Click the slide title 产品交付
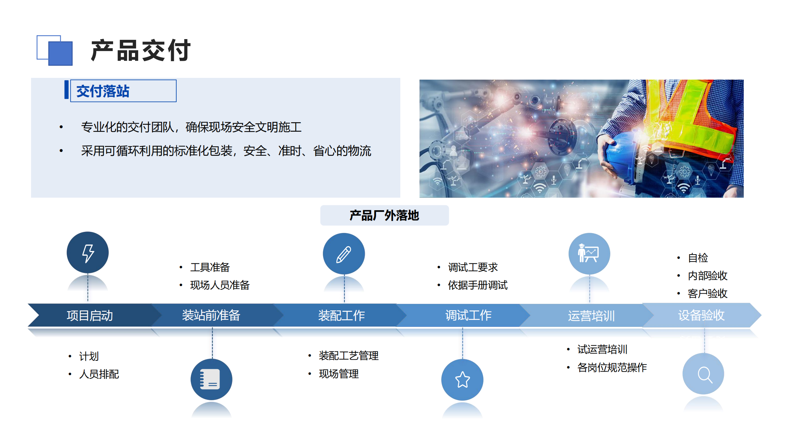click(141, 51)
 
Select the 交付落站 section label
click(103, 91)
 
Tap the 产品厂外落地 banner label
click(384, 215)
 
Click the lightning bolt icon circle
click(88, 252)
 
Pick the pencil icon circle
click(344, 254)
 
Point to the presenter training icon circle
click(589, 254)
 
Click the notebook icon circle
click(212, 379)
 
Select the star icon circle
click(462, 380)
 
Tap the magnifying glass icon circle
click(703, 374)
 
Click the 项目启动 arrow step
click(91, 315)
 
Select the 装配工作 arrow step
click(340, 315)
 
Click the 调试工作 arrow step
click(466, 315)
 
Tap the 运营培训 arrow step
click(590, 315)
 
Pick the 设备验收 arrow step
click(702, 315)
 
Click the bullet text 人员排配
click(99, 374)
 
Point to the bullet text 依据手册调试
click(478, 285)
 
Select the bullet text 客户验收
click(707, 294)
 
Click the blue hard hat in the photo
click(625, 157)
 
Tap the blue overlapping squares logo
click(55, 50)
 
